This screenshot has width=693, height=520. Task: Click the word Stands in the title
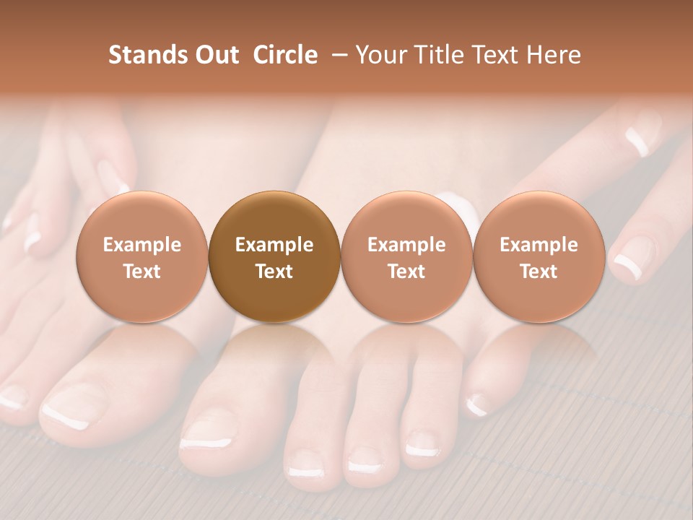click(x=142, y=55)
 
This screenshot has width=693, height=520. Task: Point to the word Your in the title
click(x=380, y=55)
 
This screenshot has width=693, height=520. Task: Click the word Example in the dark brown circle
click(x=274, y=245)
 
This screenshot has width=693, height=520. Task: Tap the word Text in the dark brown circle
click(x=274, y=272)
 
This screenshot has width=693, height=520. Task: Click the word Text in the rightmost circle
click(x=539, y=272)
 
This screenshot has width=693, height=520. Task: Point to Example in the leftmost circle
click(x=141, y=245)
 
